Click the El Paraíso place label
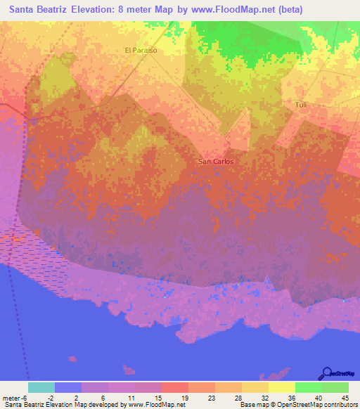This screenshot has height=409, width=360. tap(140, 51)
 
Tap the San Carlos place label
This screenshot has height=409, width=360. tap(216, 161)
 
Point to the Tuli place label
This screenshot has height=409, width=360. tap(301, 105)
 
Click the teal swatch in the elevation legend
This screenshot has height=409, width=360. tap(41, 387)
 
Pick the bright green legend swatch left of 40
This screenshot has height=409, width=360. tap(308, 387)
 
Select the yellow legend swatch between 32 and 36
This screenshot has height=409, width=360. tap(281, 387)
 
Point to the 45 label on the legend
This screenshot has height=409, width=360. tap(345, 397)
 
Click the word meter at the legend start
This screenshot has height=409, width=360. tap(11, 397)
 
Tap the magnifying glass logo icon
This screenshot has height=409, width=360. tap(327, 373)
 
